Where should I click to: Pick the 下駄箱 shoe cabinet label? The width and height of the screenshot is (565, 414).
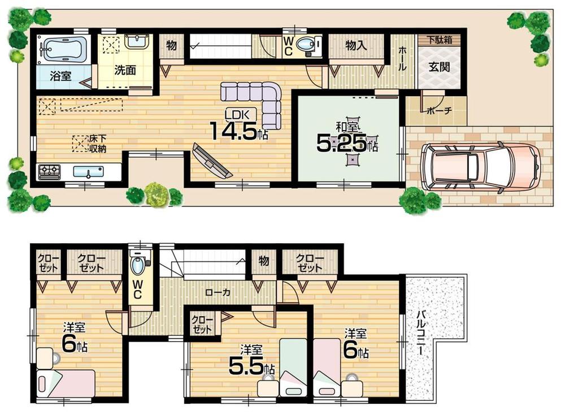pos(439,40)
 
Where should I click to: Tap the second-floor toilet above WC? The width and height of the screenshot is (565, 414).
pos(138,265)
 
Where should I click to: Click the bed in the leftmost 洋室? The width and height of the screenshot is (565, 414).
pos(65,383)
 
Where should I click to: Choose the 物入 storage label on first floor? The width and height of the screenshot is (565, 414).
pos(356,46)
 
